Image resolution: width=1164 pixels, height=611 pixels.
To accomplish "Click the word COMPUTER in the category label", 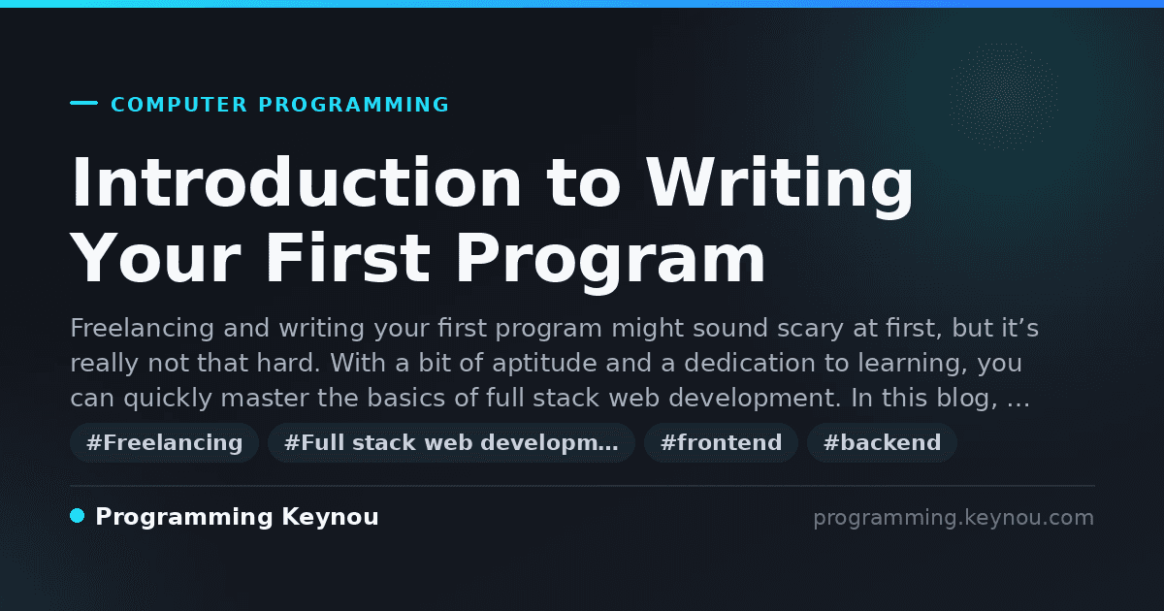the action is coord(178,105).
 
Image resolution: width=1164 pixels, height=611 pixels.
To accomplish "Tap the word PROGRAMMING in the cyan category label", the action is coord(353,105).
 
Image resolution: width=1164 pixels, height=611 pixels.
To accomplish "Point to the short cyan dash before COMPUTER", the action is coord(83,103).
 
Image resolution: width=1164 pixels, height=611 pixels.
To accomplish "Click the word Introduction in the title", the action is coord(296,182).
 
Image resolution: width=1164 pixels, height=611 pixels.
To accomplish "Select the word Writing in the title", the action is coord(779,186).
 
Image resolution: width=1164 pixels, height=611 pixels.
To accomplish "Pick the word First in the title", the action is coord(348,258).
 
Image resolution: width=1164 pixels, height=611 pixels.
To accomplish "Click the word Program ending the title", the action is coord(610,263).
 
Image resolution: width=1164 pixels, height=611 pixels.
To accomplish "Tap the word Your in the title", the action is coord(155,258).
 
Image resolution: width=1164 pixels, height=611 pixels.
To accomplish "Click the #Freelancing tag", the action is coord(164,442).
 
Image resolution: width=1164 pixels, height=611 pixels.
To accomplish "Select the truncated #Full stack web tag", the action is coord(451,442).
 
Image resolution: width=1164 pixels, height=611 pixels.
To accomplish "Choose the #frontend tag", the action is coord(721,442).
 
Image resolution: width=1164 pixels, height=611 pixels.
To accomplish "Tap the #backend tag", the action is coord(882,442).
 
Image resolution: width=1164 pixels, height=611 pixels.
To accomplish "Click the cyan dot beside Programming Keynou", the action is coord(77,516).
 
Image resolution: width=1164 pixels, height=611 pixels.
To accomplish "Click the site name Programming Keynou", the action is coord(237,517).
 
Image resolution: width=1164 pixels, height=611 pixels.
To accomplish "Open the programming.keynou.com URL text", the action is coord(954,518).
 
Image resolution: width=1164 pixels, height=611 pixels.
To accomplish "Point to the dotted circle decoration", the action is coord(1003,97).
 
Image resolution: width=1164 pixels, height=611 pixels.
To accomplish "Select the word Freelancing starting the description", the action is coord(142,329).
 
